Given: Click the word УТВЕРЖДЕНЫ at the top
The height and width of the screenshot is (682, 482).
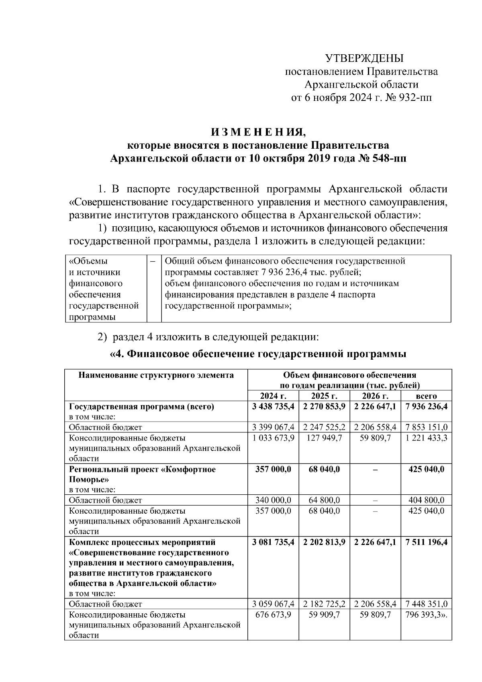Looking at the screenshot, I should click(x=364, y=59).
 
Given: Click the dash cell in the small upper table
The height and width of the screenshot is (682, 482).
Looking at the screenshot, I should click(x=153, y=262).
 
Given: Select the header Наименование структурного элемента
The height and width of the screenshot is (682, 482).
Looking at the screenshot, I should click(x=156, y=375).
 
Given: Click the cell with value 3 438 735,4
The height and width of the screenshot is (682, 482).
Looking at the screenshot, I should click(x=273, y=407).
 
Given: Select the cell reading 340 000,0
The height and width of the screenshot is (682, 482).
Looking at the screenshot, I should click(x=273, y=500).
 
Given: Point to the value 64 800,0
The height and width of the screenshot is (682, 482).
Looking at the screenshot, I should click(x=324, y=500).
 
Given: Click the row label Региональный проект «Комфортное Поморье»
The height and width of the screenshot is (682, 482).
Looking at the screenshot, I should click(x=142, y=474).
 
